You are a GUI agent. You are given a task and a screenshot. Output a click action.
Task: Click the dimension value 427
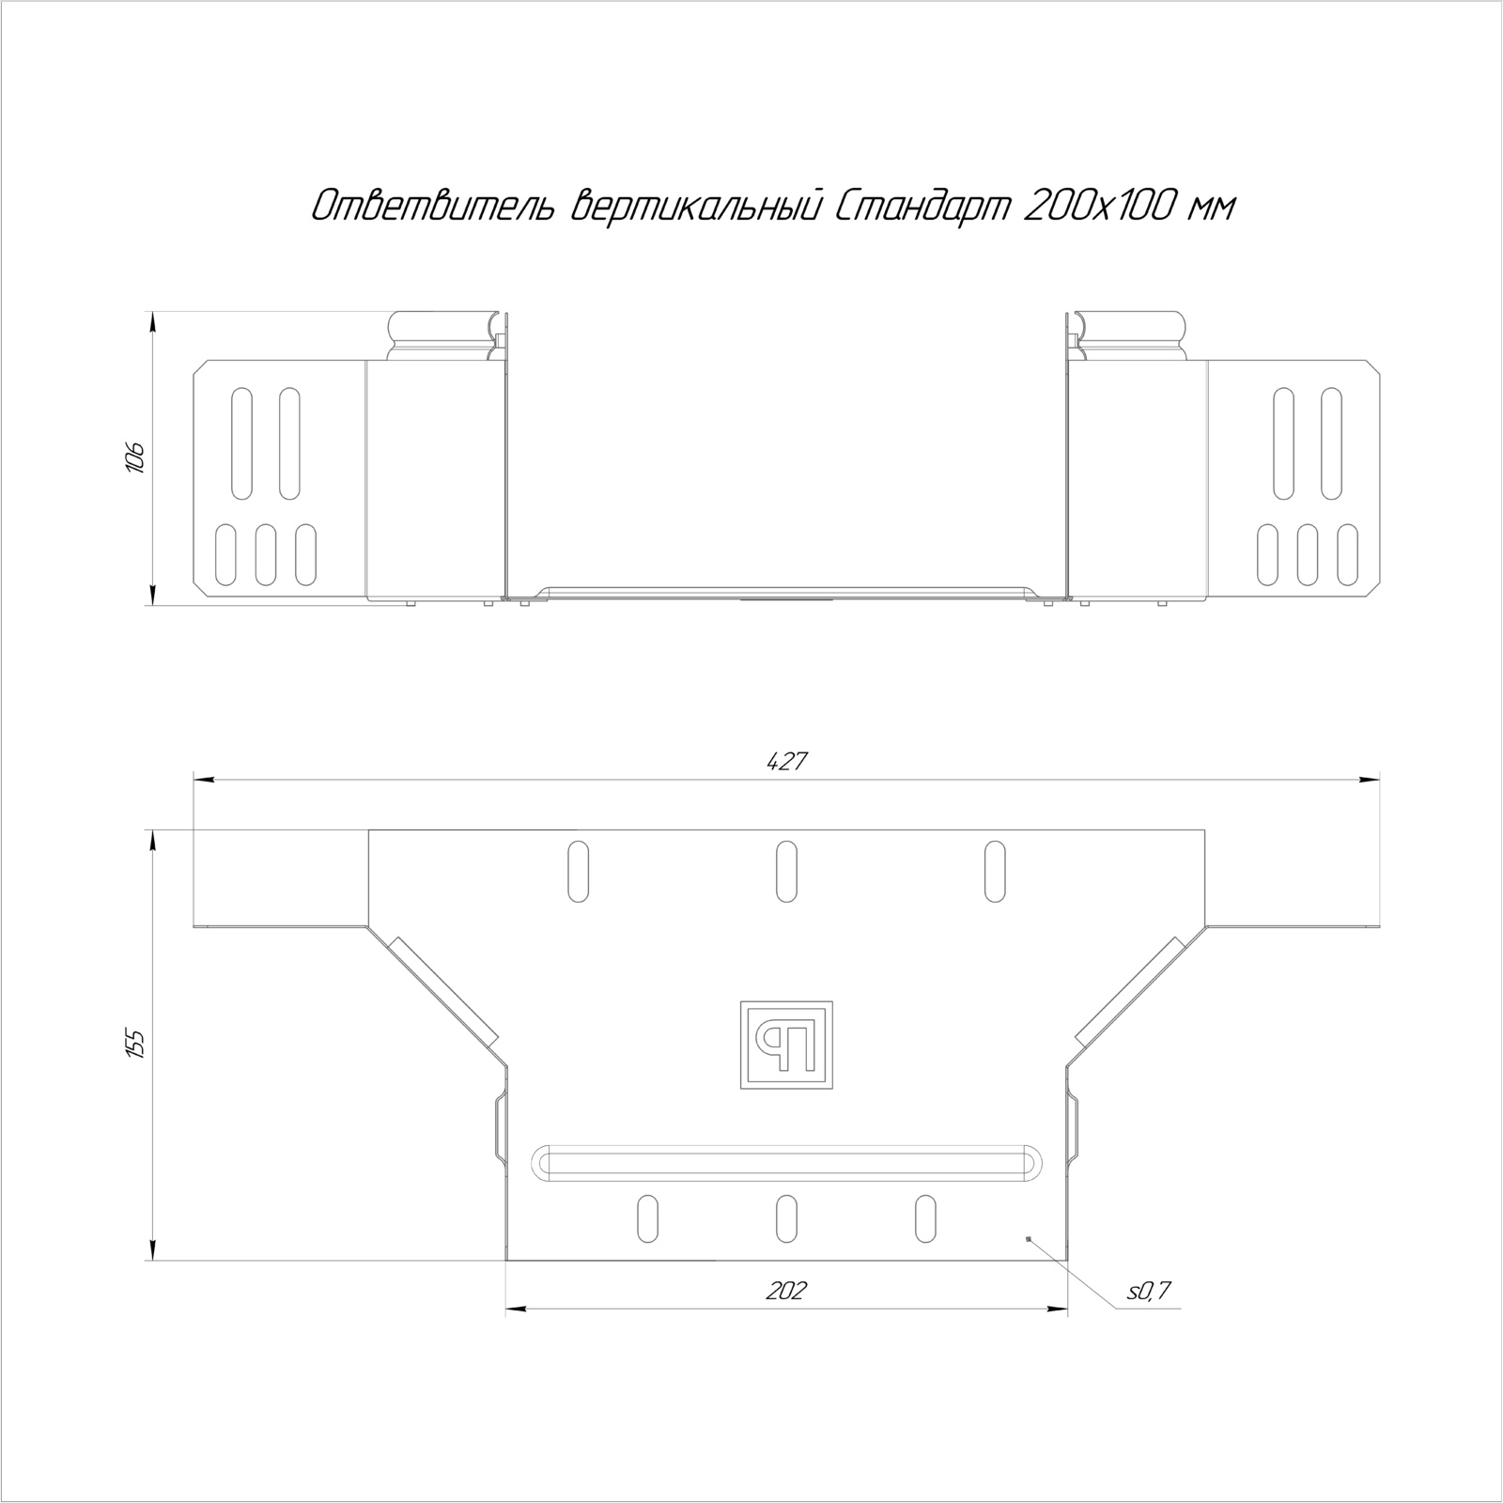pos(787,763)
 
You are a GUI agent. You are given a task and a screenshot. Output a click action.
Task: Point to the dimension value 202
pos(786,1291)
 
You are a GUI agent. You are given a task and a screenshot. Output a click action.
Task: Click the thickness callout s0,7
pos(1149,1292)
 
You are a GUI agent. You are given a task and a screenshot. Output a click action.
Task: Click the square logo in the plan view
pos(787,1045)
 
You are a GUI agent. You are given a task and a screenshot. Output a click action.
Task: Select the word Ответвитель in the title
pos(435,206)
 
